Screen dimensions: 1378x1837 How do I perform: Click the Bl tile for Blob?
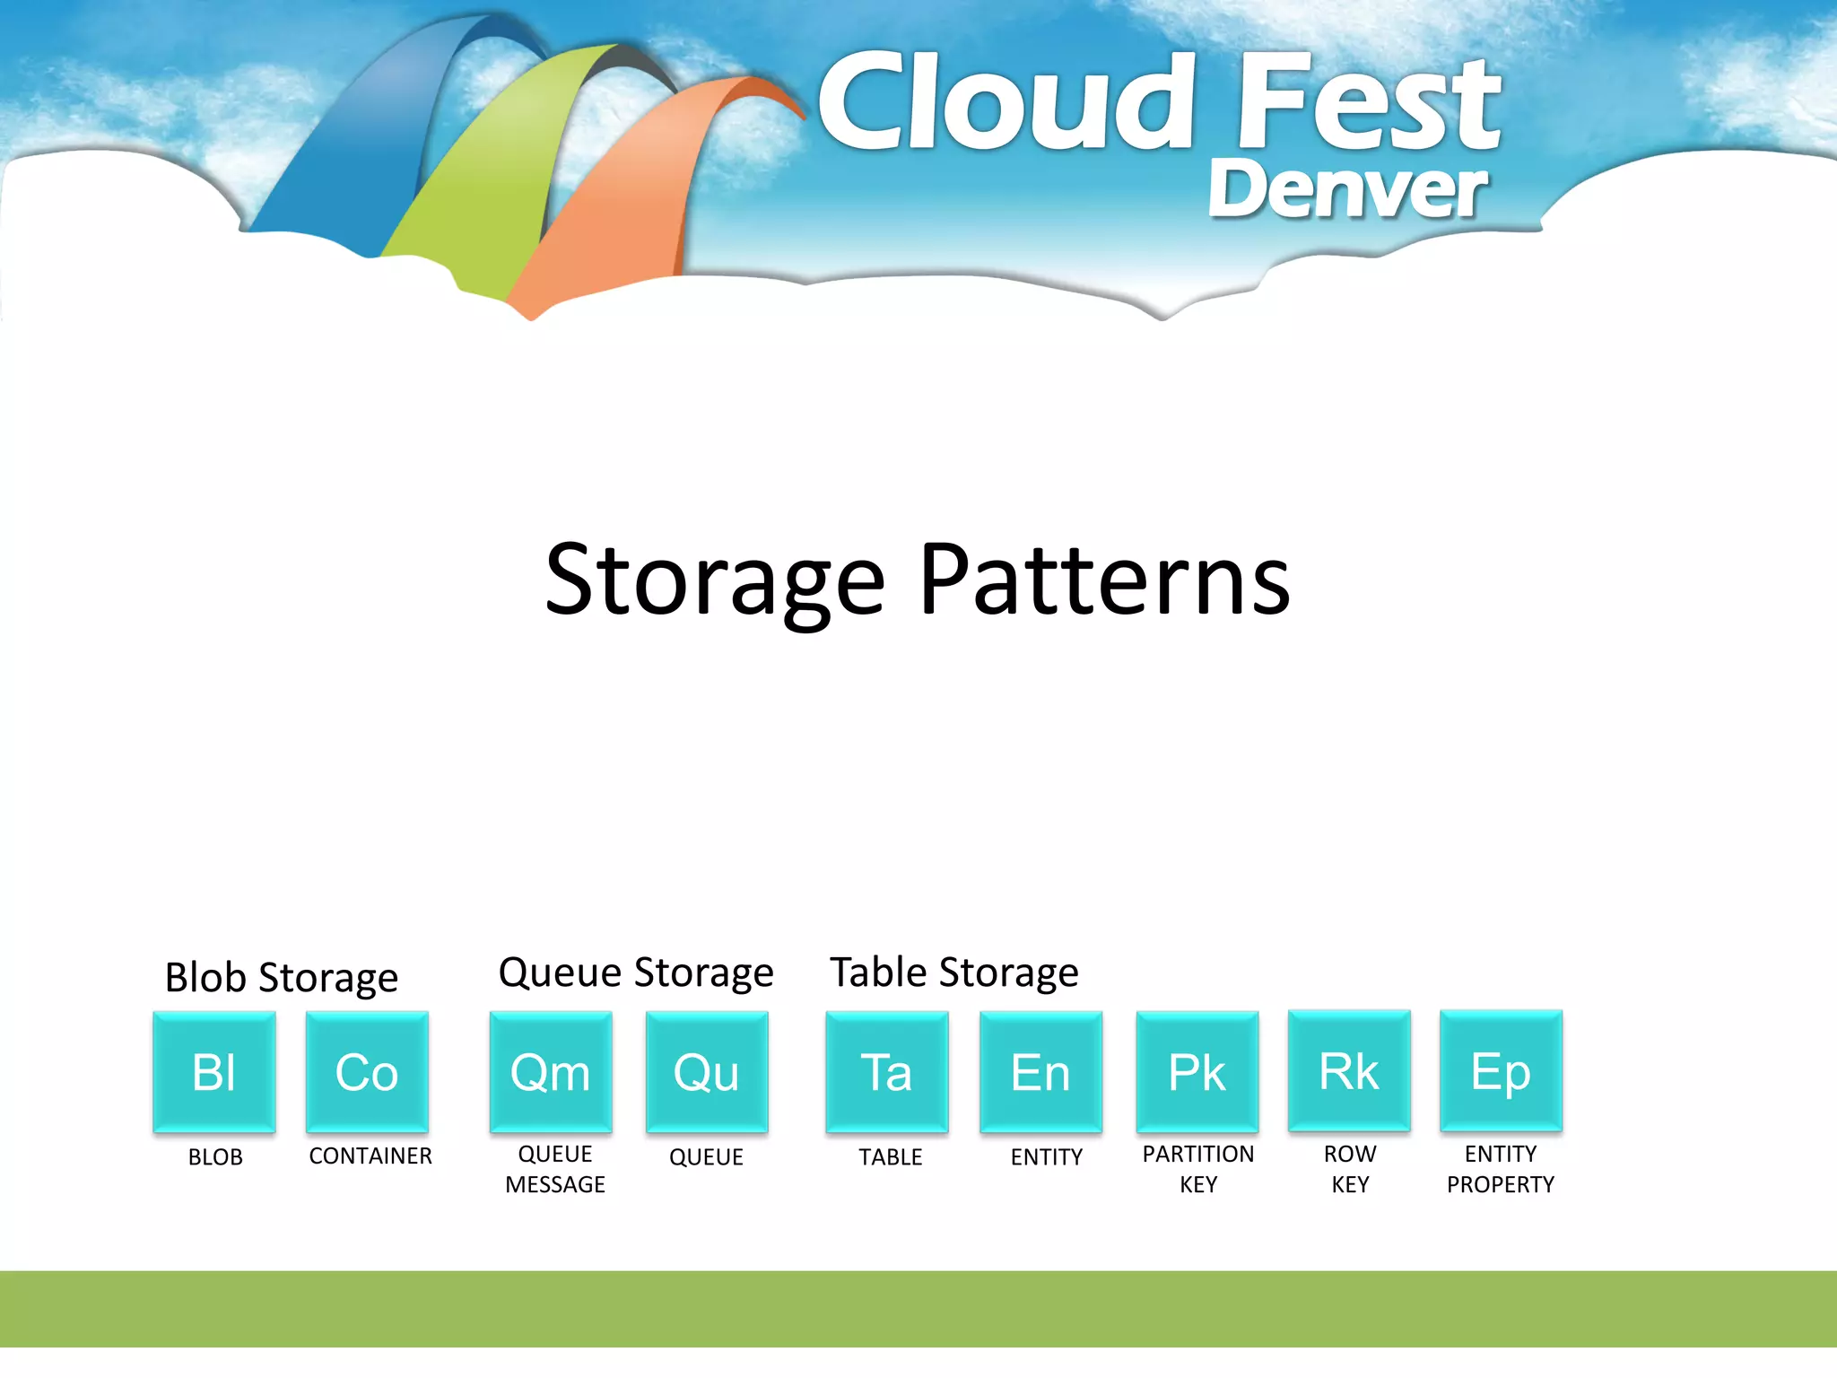(214, 1072)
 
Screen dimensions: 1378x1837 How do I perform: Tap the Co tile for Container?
(367, 1072)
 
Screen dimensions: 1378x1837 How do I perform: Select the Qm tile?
(551, 1072)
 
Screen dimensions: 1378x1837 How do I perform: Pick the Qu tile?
(707, 1072)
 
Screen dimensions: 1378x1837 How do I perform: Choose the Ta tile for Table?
(887, 1072)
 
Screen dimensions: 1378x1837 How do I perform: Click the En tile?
(1041, 1072)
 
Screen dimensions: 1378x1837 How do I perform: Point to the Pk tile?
(1197, 1072)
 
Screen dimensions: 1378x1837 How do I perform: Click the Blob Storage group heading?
(282, 977)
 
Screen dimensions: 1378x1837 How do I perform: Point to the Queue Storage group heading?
(636, 972)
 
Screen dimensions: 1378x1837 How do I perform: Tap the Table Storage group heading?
(954, 972)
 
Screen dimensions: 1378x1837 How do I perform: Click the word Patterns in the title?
(1105, 580)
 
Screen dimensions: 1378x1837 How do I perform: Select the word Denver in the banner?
(1348, 189)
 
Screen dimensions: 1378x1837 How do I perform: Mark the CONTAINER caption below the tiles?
(370, 1156)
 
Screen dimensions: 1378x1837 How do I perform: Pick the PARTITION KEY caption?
(1198, 1169)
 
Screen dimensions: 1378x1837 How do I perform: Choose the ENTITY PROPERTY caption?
(1501, 1169)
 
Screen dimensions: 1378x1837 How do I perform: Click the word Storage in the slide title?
(715, 580)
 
